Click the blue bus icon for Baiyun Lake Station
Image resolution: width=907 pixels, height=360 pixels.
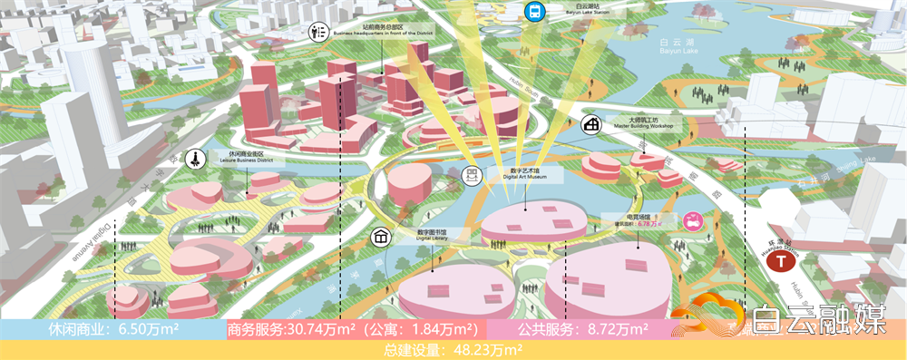pos(532,12)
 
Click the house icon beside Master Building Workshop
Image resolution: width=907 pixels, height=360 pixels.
pos(593,125)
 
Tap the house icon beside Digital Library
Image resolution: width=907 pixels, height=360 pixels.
pos(382,237)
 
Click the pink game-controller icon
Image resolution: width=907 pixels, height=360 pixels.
pos(693,220)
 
